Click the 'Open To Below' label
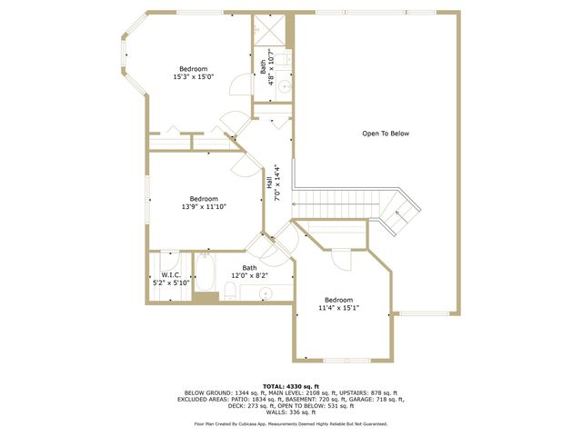coord(386,134)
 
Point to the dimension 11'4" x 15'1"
coord(338,308)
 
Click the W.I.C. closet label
coord(171,274)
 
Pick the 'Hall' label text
coord(269,183)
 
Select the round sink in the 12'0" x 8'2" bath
coord(266,292)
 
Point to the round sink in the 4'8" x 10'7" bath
coord(284,87)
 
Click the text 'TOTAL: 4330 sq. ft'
coord(291,385)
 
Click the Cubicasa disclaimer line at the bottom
coord(291,423)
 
